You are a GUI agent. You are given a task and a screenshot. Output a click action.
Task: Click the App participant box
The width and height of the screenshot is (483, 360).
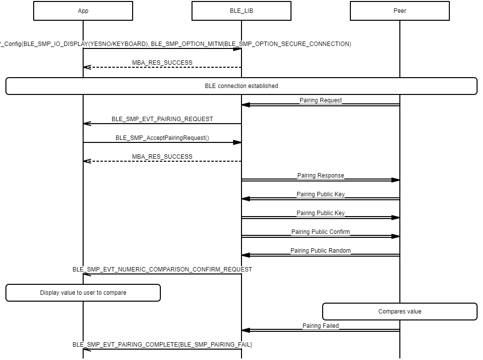tap(83, 11)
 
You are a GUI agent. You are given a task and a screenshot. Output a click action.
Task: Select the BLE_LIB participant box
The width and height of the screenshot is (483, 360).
tap(241, 11)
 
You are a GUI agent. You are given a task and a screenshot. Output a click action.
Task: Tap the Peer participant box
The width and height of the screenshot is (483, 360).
tap(400, 11)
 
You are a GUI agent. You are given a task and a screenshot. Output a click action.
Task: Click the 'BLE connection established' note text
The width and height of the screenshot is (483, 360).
tap(241, 86)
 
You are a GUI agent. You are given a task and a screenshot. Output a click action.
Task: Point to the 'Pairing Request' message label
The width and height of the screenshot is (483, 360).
tap(321, 100)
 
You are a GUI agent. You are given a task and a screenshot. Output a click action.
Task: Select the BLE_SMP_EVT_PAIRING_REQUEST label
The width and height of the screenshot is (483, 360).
tap(162, 119)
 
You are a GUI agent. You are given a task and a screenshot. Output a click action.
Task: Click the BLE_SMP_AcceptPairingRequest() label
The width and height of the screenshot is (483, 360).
tap(162, 138)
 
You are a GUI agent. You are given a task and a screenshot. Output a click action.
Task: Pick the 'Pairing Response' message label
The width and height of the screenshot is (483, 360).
tap(321, 176)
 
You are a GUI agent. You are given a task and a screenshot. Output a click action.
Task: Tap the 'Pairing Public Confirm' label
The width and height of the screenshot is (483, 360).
tap(321, 232)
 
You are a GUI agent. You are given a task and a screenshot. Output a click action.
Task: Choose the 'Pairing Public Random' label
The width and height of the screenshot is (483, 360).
tap(321, 251)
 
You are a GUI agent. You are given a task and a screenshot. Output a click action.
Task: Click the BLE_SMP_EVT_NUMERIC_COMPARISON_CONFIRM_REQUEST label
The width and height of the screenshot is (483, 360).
tap(162, 270)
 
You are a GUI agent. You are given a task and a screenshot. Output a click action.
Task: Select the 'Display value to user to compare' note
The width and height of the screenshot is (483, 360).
tap(83, 293)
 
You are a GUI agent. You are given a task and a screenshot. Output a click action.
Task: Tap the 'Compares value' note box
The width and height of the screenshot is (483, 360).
tap(400, 312)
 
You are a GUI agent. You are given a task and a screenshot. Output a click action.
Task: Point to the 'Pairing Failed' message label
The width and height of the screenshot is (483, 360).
tap(321, 326)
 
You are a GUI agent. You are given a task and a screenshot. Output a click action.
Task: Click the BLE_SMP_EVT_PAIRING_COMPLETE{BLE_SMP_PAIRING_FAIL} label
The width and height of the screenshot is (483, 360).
tap(162, 345)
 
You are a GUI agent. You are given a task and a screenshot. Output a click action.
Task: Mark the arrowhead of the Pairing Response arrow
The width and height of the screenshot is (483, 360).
tap(395, 180)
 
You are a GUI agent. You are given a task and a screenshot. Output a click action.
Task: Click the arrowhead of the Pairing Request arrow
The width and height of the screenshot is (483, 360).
tap(246, 105)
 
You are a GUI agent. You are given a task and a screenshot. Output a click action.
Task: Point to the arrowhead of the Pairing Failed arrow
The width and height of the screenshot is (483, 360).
tap(246, 330)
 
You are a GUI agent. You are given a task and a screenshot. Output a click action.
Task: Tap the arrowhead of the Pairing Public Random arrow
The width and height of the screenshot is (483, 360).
tap(246, 255)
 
